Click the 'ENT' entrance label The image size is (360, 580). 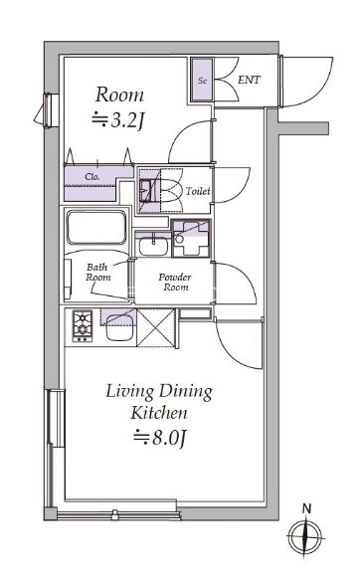click(x=249, y=80)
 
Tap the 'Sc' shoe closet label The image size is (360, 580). click(x=202, y=81)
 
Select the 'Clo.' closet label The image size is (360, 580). click(x=92, y=176)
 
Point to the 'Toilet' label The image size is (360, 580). click(x=198, y=191)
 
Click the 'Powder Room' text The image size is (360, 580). click(x=175, y=282)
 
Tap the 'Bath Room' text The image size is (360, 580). click(x=97, y=272)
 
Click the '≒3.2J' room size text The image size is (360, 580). click(x=117, y=120)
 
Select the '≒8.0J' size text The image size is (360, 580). click(x=159, y=438)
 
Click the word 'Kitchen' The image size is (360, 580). click(x=159, y=413)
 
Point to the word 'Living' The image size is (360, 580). click(x=129, y=392)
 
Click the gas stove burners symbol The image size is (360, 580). click(x=83, y=325)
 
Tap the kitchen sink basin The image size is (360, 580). click(x=120, y=327)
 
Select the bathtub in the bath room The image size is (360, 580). click(x=96, y=228)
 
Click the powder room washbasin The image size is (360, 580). click(x=153, y=245)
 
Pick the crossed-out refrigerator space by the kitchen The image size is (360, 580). click(x=155, y=327)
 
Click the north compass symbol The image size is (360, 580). click(x=305, y=536)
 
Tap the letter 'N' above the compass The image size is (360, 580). click(x=306, y=508)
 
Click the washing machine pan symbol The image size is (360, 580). click(x=191, y=238)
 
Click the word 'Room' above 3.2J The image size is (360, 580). click(x=119, y=95)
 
